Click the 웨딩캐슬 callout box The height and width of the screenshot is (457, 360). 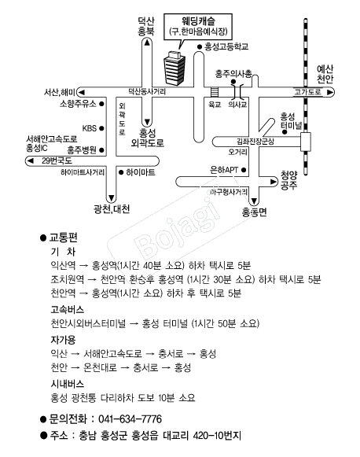[x=198, y=27]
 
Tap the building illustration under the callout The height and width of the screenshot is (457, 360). [x=174, y=68]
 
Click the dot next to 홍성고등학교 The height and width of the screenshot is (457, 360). [x=200, y=47]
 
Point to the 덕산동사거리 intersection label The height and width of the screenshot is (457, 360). [x=147, y=92]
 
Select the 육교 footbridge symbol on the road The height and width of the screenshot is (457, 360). [x=215, y=92]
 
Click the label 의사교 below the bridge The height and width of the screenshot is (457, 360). [x=237, y=105]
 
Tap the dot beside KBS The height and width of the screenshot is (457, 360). [x=101, y=128]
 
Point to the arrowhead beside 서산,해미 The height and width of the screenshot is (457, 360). [x=81, y=92]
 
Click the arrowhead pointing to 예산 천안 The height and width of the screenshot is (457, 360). [x=330, y=92]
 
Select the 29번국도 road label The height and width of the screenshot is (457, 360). [x=57, y=161]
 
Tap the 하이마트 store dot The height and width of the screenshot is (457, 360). [x=121, y=172]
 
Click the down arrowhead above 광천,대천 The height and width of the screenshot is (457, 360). [x=112, y=198]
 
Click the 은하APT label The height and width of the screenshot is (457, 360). [x=224, y=170]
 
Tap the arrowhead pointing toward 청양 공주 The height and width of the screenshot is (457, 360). [x=274, y=182]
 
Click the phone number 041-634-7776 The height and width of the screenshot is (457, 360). [x=130, y=419]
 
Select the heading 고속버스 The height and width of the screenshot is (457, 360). [x=68, y=310]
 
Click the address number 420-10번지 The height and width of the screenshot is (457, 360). [x=217, y=436]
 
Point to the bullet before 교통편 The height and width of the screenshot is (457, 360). [x=43, y=238]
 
